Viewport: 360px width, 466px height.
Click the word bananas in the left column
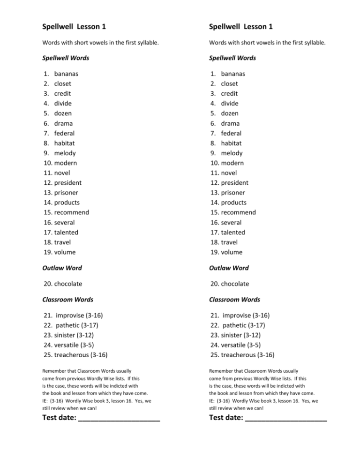click(x=67, y=74)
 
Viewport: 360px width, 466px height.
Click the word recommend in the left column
click(x=72, y=212)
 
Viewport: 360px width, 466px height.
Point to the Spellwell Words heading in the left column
click(x=66, y=58)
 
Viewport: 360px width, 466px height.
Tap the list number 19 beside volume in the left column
click(x=46, y=252)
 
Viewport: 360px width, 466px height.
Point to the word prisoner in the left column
click(x=69, y=192)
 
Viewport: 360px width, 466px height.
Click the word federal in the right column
click(x=232, y=133)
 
